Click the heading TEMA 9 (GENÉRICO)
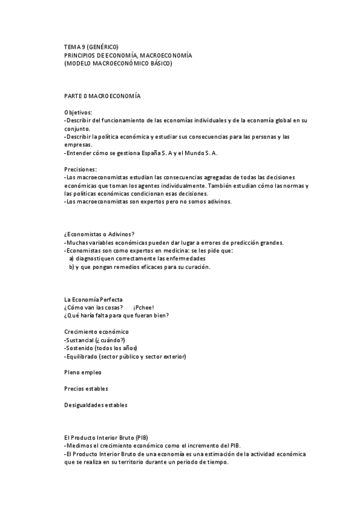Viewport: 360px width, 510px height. [x=91, y=47]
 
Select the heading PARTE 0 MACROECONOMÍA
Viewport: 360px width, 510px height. [x=102, y=96]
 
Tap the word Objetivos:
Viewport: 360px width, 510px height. [x=78, y=112]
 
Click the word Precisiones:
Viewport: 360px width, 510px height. [x=81, y=170]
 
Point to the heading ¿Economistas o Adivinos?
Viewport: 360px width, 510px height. [x=99, y=234]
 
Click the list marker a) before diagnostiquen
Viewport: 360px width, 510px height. [x=72, y=259]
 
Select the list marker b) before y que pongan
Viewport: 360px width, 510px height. [x=72, y=267]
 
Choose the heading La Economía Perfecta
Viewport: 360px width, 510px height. [x=93, y=300]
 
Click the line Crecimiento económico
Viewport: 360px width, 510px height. [x=96, y=332]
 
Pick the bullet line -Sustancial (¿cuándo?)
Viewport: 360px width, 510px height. [x=94, y=340]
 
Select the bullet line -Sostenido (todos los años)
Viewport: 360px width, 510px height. [x=101, y=348]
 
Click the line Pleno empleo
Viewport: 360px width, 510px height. [x=83, y=373]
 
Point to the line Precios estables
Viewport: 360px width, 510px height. [x=86, y=389]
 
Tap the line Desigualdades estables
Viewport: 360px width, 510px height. [x=96, y=405]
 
